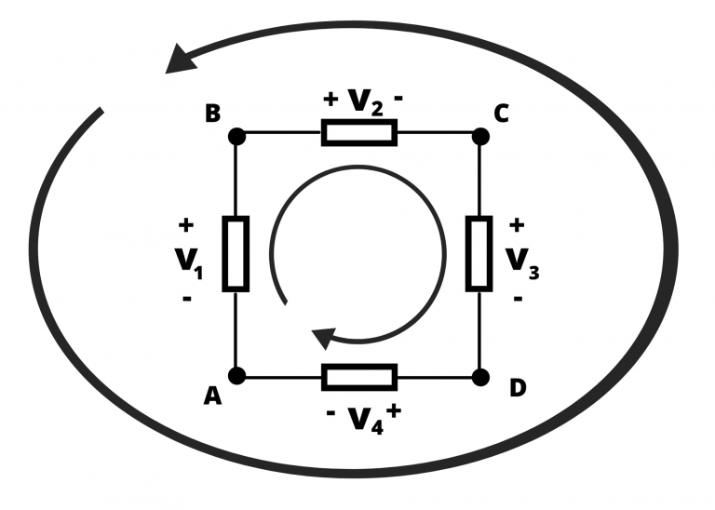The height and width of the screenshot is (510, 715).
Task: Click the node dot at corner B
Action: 236,135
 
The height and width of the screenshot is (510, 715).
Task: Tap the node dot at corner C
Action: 479,135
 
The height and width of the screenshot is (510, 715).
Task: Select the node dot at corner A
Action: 236,376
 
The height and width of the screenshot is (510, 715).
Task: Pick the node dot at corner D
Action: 479,376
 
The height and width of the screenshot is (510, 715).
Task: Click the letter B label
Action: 212,114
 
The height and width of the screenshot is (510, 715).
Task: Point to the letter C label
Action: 502,114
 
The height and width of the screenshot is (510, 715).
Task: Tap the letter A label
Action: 212,396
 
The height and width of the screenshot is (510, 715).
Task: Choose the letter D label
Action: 518,388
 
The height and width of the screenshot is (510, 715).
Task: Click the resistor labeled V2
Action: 358,133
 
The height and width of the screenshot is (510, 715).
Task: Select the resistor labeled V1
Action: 236,253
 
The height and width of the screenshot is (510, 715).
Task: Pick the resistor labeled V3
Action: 479,253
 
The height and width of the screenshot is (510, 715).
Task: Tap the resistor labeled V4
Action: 358,377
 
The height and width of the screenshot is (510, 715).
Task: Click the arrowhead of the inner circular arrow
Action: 324,337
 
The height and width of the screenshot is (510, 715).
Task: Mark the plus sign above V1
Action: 185,224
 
